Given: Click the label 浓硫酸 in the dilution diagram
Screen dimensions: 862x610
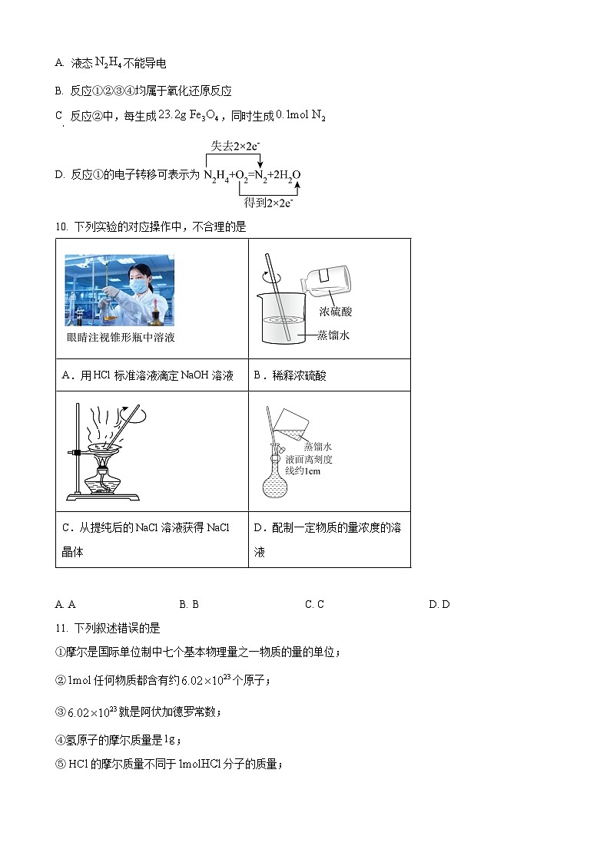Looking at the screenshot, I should coord(336,312).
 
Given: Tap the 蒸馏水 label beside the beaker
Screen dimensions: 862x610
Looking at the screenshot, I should coord(333,335).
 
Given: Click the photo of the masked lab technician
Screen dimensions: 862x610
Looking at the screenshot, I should coord(119,290).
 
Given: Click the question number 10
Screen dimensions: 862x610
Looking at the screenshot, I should coord(61,227).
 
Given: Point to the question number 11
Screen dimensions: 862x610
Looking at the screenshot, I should coord(61,628).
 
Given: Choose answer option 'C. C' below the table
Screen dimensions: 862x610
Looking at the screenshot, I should coord(314,604).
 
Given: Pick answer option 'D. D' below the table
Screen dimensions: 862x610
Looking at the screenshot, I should coord(439,604).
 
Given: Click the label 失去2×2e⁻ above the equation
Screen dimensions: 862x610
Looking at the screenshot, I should coord(234,145).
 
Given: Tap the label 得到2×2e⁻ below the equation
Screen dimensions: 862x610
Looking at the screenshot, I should coord(269,203).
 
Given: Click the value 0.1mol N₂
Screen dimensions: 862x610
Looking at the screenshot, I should coord(300,115).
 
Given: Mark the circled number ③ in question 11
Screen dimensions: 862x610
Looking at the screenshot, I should coord(61,712).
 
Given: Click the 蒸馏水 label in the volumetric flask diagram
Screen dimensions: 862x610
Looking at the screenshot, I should coord(317,446).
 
